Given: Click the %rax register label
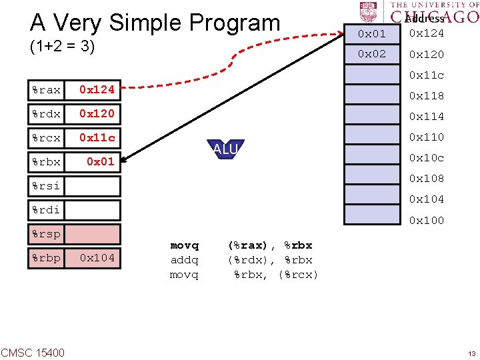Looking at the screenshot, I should click(46, 89).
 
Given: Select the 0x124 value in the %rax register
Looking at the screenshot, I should click(97, 89).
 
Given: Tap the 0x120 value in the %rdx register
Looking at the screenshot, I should click(97, 113).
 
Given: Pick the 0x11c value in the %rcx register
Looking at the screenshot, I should click(97, 138).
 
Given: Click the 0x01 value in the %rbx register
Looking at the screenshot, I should click(100, 161).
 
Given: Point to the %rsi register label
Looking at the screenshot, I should click(46, 186).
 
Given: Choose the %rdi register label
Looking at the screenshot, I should click(46, 210).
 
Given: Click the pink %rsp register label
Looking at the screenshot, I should click(46, 234).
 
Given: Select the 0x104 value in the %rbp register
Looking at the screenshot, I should click(97, 258).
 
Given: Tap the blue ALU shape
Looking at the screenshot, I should click(225, 150).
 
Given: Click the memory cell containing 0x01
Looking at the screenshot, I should click(372, 33).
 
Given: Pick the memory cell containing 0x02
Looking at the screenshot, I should click(372, 54).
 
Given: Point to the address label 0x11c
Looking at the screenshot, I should click(427, 75).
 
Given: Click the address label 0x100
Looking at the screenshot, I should click(427, 220).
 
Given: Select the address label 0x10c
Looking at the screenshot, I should click(427, 158).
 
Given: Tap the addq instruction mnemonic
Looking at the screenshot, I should click(185, 260).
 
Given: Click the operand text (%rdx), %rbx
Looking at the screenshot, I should click(270, 260).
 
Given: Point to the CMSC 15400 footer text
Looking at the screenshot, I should click(33, 351).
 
